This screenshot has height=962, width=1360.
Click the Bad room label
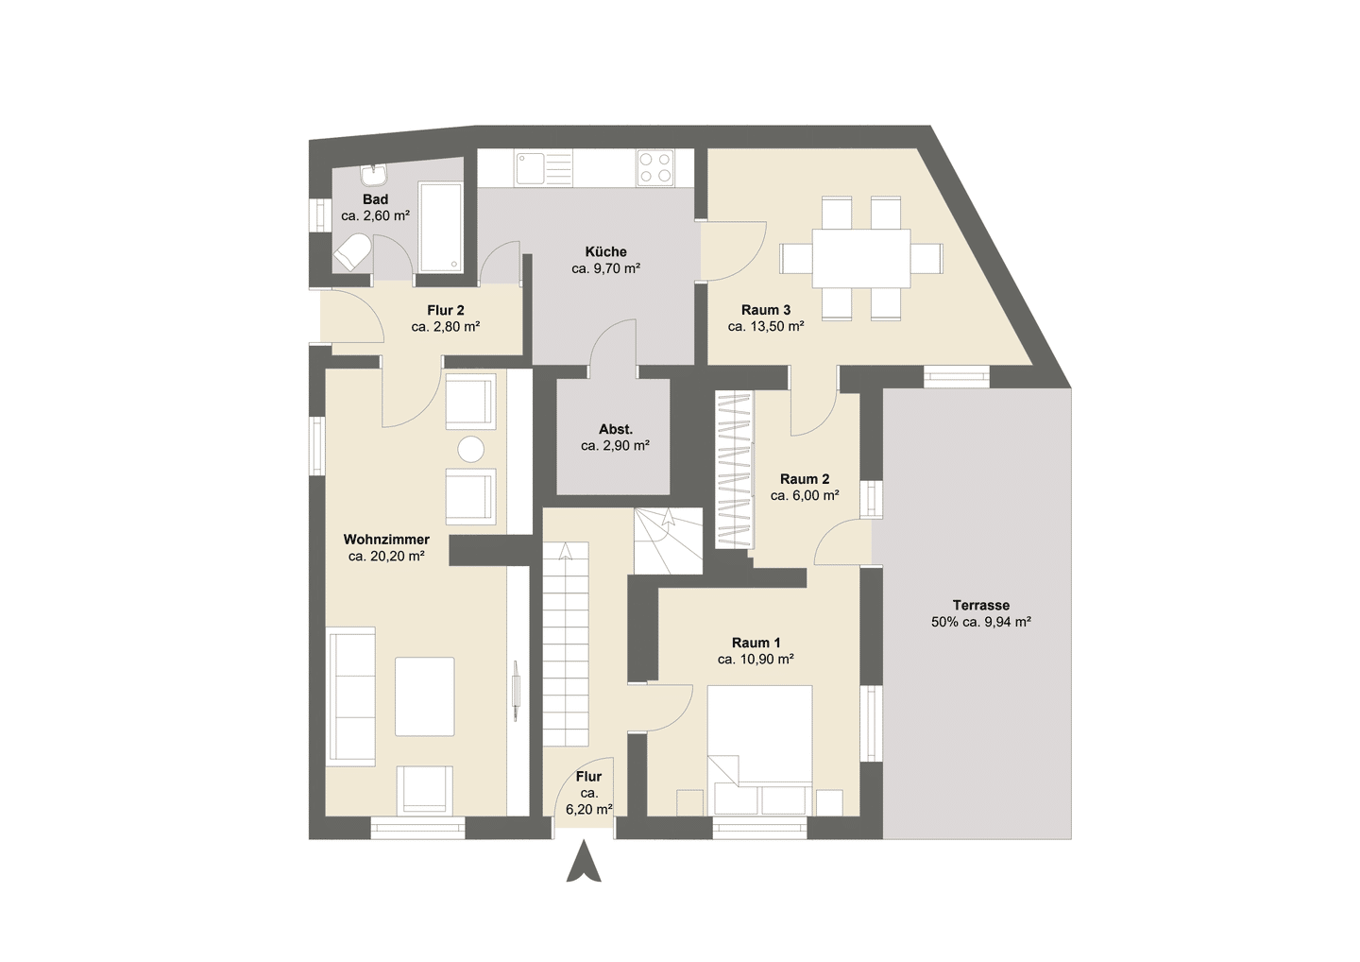tap(375, 199)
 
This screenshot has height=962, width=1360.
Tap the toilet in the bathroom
tap(353, 251)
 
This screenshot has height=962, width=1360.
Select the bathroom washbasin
tap(373, 175)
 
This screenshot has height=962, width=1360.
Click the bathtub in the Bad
tap(440, 227)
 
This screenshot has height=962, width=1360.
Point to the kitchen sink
tap(544, 168)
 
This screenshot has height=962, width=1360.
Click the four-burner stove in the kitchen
tap(655, 167)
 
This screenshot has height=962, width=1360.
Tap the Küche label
tap(606, 251)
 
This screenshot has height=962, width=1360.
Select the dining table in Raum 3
tap(861, 258)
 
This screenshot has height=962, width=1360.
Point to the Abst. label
tap(616, 429)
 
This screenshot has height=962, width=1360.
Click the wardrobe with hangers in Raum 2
tap(734, 470)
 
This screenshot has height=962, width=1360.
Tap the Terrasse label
tap(981, 605)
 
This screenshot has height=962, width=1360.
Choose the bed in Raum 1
tap(759, 750)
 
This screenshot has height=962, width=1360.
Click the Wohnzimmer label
tap(386, 540)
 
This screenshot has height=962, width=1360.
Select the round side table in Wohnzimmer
tap(470, 450)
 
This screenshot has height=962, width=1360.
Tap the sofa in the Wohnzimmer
tap(351, 696)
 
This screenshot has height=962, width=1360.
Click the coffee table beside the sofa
tap(424, 696)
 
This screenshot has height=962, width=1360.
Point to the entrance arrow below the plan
tap(584, 861)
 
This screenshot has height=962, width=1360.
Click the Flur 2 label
tap(446, 310)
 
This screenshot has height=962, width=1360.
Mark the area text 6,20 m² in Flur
tap(589, 809)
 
